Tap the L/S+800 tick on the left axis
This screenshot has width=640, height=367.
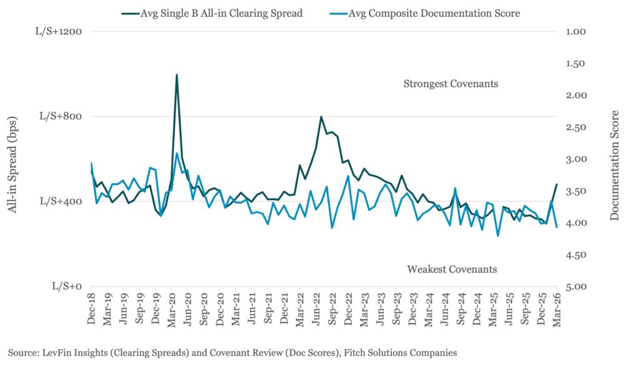pos(63,116)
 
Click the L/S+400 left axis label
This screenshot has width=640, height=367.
pos(63,201)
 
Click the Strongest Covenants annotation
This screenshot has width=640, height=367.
pos(451,83)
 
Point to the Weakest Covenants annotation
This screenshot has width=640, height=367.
pos(452,269)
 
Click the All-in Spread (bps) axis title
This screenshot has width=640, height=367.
pos(13,159)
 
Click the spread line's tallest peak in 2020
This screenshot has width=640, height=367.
pos(177,75)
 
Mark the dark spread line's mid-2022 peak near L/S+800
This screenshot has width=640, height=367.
pos(321,117)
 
